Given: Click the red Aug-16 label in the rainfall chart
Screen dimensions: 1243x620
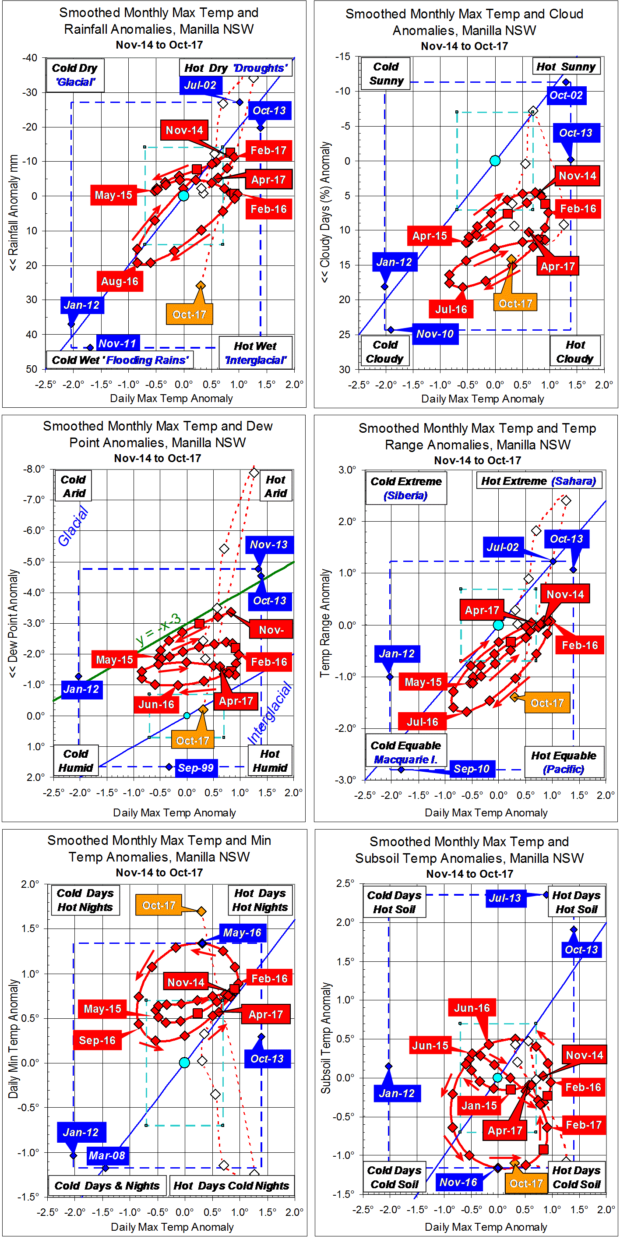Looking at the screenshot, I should click(120, 281).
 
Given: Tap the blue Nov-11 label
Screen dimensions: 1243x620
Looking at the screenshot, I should click(118, 343).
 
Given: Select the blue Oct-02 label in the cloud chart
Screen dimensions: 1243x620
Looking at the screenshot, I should click(566, 95).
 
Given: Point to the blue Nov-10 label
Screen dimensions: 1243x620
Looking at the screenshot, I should click(435, 334).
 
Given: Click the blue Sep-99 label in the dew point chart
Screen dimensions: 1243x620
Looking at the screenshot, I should click(195, 768).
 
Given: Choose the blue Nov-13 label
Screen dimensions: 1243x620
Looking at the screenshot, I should click(268, 545).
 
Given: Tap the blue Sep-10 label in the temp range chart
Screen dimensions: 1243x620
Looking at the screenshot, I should click(472, 769).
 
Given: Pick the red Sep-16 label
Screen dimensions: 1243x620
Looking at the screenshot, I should click(97, 1040).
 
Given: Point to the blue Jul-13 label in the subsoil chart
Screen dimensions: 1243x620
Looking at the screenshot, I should click(505, 898).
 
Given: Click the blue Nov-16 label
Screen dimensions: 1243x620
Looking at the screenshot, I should click(458, 1182).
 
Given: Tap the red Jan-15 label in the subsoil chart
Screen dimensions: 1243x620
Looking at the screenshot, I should click(479, 1105).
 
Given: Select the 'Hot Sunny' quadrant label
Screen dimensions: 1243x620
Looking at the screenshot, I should click(566, 67).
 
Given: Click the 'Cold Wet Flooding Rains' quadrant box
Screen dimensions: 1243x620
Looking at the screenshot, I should click(120, 360).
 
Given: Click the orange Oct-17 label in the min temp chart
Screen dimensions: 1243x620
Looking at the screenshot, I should click(159, 905).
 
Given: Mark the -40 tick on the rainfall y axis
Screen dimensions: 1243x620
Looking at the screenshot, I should click(30, 58).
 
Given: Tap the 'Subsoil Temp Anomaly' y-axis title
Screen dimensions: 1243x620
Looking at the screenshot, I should click(326, 1038).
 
